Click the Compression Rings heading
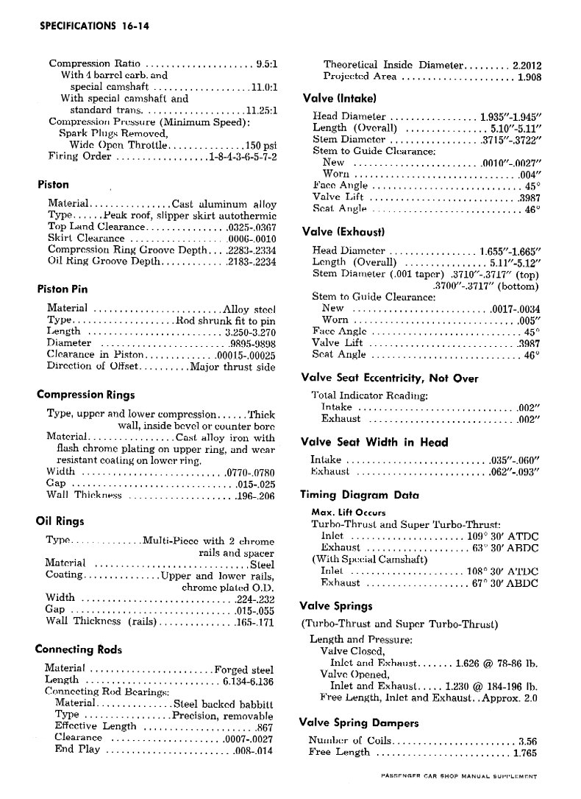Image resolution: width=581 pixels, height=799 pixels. (x=85, y=395)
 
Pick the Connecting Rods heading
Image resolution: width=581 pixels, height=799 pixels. (x=79, y=650)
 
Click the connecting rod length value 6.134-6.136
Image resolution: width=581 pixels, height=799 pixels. (x=249, y=680)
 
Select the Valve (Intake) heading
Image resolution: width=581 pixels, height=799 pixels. (x=340, y=98)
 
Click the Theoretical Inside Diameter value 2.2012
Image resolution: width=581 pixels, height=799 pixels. (x=527, y=64)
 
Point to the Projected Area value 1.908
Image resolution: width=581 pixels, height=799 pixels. (x=530, y=76)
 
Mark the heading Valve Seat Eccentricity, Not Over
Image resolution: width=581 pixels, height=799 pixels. (x=390, y=379)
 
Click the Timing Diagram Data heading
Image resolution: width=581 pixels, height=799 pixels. (x=360, y=495)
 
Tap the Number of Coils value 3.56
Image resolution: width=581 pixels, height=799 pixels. (x=528, y=740)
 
